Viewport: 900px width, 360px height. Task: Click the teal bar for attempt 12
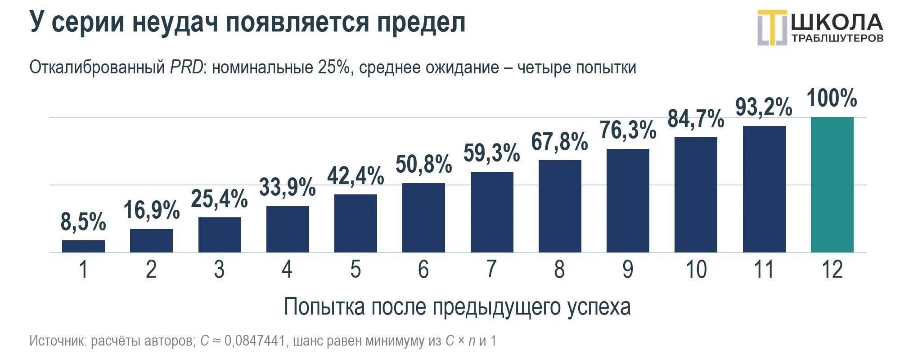coord(832,184)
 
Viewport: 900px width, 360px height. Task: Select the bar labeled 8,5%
coord(83,246)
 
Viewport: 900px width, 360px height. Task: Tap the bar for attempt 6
coord(423,218)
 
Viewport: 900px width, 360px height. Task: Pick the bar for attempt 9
coord(628,201)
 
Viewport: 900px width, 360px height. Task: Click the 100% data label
coord(832,98)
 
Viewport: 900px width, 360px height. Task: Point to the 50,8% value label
coord(423,164)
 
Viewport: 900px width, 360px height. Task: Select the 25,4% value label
coord(219,199)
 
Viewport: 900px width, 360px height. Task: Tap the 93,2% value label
coord(764,107)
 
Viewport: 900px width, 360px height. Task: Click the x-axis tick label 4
coord(287,270)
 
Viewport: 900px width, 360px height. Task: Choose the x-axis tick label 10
coord(696,270)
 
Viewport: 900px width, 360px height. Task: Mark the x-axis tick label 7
coord(491,270)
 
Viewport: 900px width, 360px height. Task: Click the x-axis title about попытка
coord(457,307)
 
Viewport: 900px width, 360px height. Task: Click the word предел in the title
coord(421,22)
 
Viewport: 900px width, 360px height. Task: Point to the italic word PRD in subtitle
coord(187,67)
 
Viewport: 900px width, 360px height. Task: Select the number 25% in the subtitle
coord(334,67)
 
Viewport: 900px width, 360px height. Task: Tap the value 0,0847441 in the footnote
coord(255,341)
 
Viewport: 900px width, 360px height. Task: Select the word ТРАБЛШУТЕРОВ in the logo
coord(837,39)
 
